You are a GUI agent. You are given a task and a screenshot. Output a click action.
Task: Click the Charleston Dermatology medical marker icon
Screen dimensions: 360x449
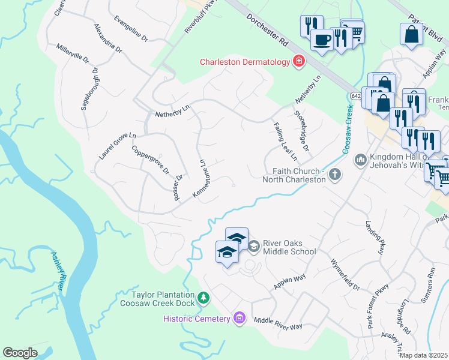[x=298, y=61]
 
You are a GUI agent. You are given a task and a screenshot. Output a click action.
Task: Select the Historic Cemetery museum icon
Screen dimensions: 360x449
[x=240, y=318]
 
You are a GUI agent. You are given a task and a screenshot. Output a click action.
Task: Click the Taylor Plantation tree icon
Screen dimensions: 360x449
[x=203, y=297]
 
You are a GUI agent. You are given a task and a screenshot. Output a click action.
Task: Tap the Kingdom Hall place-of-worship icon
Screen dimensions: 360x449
[x=360, y=159]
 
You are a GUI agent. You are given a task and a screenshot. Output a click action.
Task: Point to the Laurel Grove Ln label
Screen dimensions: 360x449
[x=118, y=146]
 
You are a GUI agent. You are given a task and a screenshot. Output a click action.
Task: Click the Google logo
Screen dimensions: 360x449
[x=20, y=353]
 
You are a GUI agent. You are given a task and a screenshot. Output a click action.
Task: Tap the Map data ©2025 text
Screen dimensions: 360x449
[x=423, y=355]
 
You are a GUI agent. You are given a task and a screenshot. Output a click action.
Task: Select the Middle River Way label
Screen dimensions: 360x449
[x=277, y=324]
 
